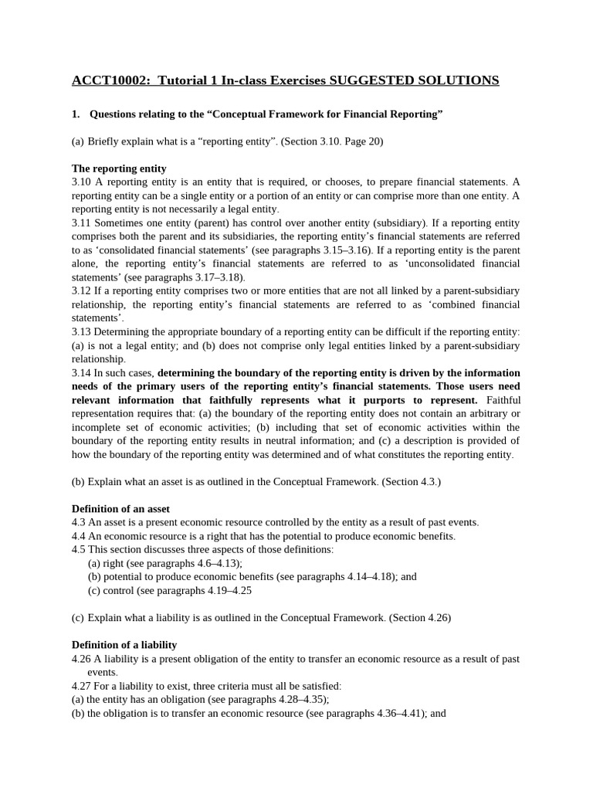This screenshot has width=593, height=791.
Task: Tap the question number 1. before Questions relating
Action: click(76, 114)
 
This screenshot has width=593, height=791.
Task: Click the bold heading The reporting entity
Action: click(119, 168)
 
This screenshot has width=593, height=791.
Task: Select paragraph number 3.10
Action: click(81, 182)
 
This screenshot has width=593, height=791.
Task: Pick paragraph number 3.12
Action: click(81, 290)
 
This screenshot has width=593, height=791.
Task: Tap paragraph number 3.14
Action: click(81, 372)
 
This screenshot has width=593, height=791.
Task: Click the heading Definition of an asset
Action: click(120, 509)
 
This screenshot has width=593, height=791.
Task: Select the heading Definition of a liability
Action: click(124, 644)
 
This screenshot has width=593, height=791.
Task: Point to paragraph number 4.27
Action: click(81, 685)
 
